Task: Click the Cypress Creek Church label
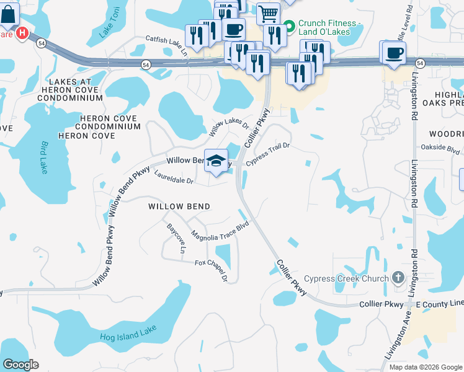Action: click(x=362, y=278)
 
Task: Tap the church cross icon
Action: click(x=398, y=278)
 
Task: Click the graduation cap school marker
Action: click(x=216, y=161)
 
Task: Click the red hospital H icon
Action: click(x=22, y=33)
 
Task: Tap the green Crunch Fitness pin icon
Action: click(x=288, y=27)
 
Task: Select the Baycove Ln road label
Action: click(x=176, y=239)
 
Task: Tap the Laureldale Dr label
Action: click(x=174, y=179)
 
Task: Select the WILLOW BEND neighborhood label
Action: click(x=179, y=206)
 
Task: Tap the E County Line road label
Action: click(x=440, y=303)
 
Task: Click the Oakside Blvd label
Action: click(x=440, y=149)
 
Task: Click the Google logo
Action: click(x=20, y=365)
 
